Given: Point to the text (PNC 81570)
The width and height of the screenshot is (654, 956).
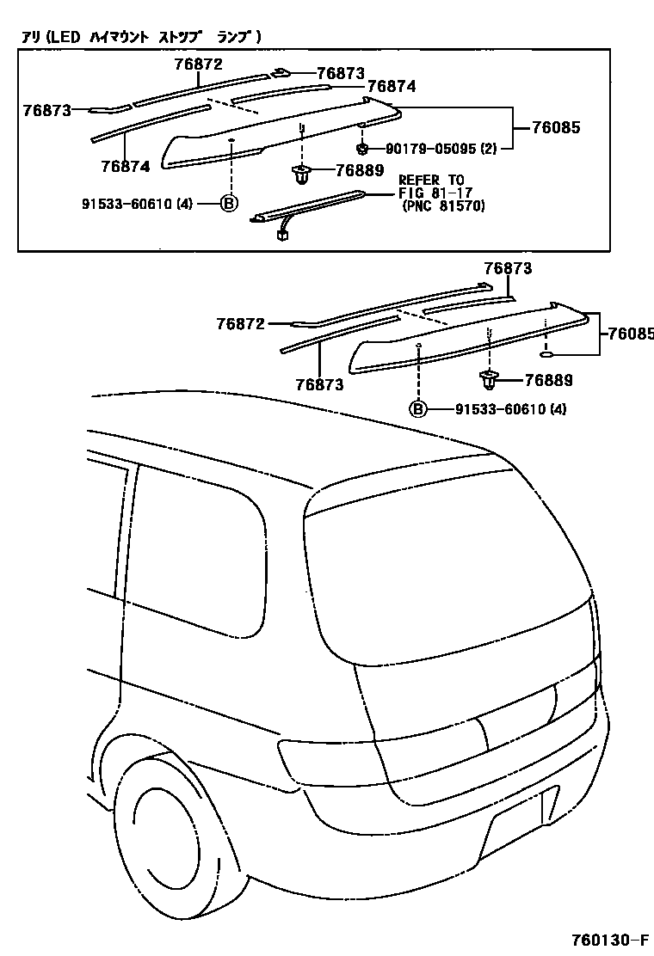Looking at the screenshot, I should [x=443, y=206].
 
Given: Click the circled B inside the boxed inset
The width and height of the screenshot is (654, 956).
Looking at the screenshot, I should [x=229, y=203].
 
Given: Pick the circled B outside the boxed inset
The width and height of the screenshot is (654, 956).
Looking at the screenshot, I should [x=417, y=408].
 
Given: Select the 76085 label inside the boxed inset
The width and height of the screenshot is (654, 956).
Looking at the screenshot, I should [x=556, y=127].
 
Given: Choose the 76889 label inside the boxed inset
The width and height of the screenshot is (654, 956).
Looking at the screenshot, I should [x=360, y=170].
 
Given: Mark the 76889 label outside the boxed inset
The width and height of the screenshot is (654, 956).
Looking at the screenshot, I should [x=548, y=379].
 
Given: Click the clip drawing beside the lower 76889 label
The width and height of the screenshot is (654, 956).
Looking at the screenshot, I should [x=490, y=378].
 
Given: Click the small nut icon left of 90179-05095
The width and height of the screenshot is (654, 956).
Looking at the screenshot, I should [x=363, y=148].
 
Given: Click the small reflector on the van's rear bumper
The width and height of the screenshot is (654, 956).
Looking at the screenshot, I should [x=548, y=804].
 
